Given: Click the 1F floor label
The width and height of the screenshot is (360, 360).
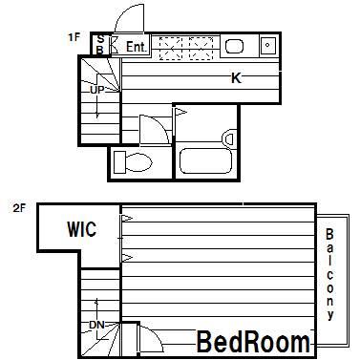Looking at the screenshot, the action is click(74, 37).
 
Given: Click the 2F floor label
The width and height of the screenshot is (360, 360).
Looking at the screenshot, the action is click(19, 208).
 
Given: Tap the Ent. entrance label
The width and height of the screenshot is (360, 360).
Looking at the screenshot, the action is click(136, 47).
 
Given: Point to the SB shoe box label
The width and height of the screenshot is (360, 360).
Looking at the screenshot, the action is click(100, 44).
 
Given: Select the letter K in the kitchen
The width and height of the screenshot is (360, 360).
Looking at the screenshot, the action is click(236, 78).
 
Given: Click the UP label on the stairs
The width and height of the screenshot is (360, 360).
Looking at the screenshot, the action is click(96, 90).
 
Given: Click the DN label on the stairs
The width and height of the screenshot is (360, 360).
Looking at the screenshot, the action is click(96, 325).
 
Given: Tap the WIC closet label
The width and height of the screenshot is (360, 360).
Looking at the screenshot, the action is click(81, 229).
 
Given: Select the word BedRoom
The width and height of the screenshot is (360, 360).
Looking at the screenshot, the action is click(253, 342).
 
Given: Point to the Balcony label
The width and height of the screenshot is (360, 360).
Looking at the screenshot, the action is click(329, 274).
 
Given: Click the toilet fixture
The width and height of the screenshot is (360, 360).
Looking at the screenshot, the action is click(133, 162).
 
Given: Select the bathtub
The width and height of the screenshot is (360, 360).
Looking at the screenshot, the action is click(205, 160).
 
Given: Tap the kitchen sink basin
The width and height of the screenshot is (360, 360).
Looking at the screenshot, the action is click(235, 46).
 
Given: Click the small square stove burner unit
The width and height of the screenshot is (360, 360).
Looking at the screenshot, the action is click(267, 45).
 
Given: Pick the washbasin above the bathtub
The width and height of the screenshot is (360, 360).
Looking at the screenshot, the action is click(228, 138).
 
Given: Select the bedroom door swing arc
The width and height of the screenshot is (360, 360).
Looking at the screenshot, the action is click(156, 337).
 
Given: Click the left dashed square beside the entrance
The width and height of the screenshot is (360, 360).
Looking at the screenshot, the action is click(171, 49).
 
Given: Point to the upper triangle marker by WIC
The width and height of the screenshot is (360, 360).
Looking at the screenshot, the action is click(128, 218).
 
